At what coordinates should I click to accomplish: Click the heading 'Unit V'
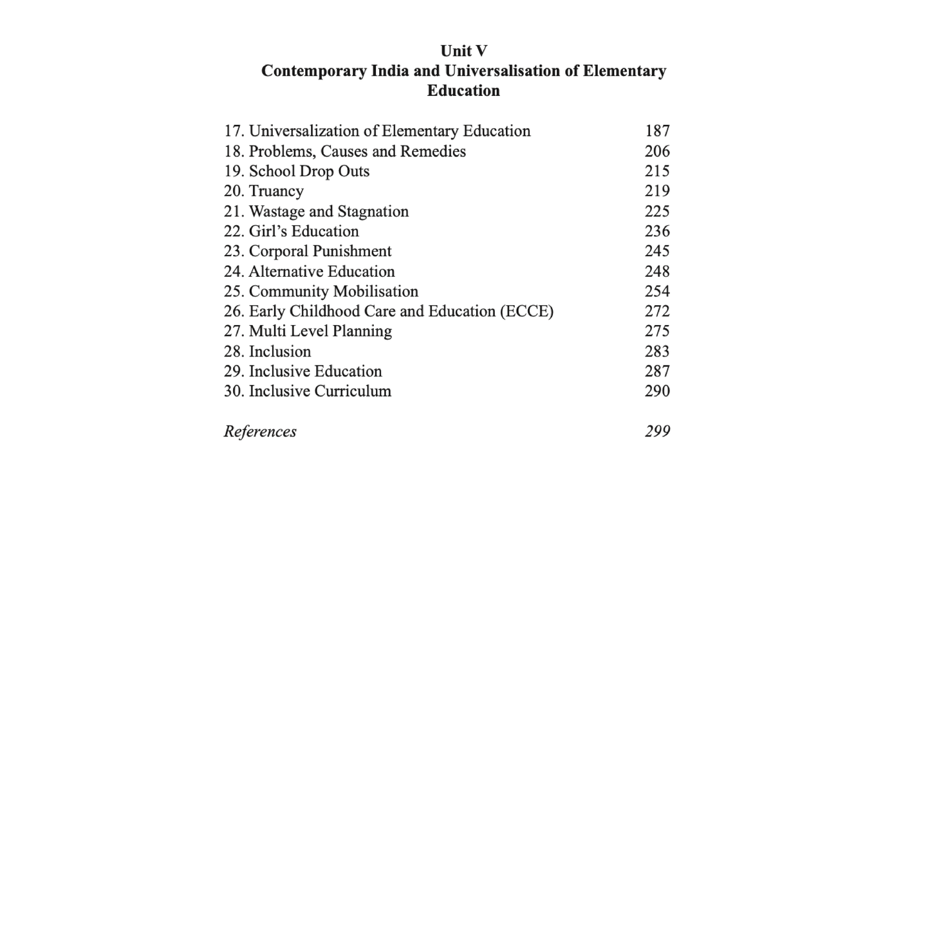coord(463,51)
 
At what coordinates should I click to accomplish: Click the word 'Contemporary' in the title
coord(314,71)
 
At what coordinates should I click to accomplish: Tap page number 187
coord(657,131)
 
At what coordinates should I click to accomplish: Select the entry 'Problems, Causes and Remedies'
coord(357,151)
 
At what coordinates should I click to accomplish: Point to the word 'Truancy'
coord(276,191)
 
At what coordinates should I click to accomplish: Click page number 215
coord(657,171)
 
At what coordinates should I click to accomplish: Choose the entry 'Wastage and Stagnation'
coord(328,212)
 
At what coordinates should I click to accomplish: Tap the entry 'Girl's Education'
coord(304,232)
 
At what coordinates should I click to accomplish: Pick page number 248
coord(657,272)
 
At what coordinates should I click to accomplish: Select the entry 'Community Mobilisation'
coord(333,292)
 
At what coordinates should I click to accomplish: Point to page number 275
coord(657,331)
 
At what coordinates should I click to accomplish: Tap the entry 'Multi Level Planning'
coord(320,331)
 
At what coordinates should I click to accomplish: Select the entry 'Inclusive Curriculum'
coord(320,391)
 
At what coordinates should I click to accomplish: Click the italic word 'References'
coord(260,431)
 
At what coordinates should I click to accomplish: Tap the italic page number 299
coord(657,431)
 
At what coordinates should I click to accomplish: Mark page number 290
coord(657,391)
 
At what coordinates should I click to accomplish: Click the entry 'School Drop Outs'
coord(309,171)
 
